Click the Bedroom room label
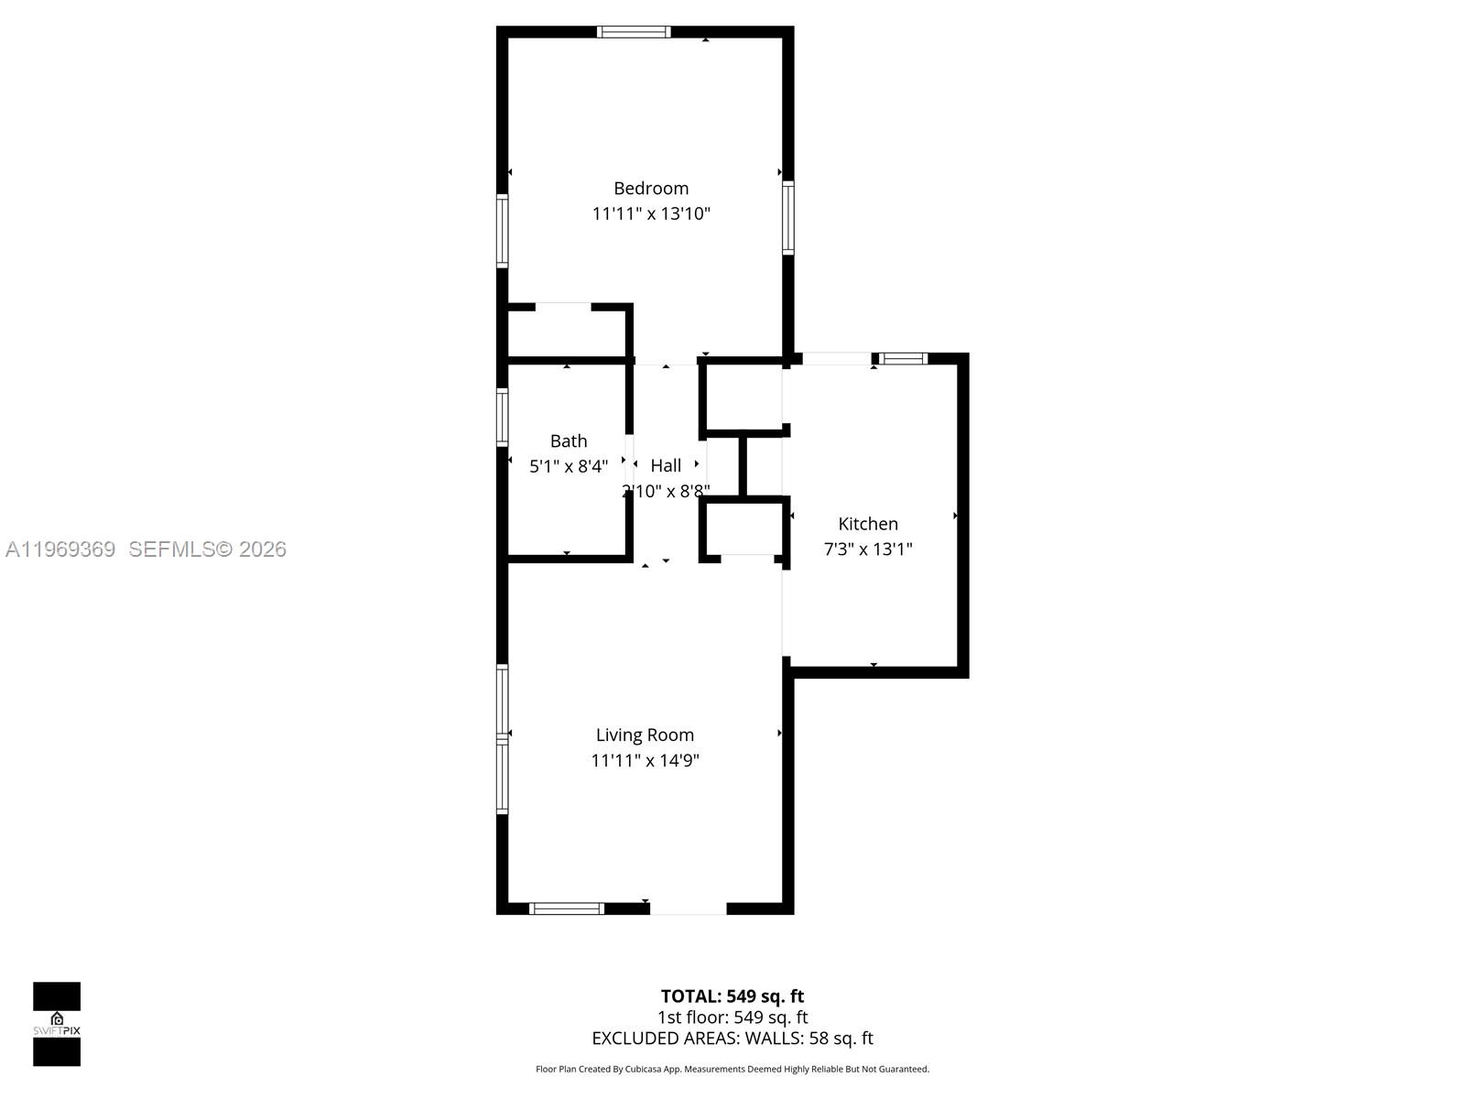point(651,188)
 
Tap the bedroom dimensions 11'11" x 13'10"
point(651,213)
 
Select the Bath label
point(569,441)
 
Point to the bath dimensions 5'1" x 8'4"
point(569,466)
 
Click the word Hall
point(666,465)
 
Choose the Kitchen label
point(868,524)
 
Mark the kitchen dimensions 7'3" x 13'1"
point(868,549)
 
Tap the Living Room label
point(645,734)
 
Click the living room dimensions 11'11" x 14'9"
point(645,760)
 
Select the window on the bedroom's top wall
point(634,32)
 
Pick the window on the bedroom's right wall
point(787,217)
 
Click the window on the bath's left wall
point(502,418)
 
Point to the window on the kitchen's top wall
point(903,359)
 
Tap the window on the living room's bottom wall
point(567,909)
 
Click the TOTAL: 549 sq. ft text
point(732,996)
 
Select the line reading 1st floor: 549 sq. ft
point(732,1017)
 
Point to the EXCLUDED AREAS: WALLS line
point(732,1038)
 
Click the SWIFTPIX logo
point(57,1024)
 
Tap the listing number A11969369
point(60,549)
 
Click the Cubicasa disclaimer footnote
point(732,1069)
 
